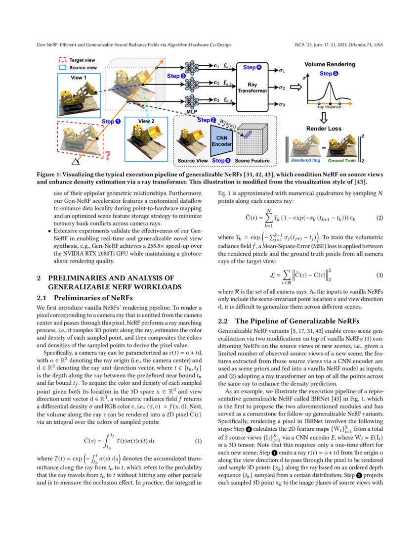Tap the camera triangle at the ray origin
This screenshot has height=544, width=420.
click(x=76, y=161)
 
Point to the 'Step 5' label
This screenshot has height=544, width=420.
click(x=329, y=74)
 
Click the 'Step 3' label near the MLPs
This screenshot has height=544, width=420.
click(x=176, y=76)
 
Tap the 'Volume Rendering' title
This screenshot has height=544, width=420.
click(x=329, y=65)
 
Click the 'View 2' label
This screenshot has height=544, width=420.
click(x=146, y=121)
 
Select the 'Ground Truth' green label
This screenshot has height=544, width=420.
click(x=341, y=161)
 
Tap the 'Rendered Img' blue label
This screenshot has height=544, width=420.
click(x=304, y=161)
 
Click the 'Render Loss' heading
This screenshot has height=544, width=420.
click(x=324, y=128)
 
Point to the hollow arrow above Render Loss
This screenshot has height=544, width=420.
click(x=324, y=117)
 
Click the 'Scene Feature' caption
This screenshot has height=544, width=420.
click(x=252, y=161)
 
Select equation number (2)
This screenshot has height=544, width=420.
click(x=380, y=218)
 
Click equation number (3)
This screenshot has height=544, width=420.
click(x=380, y=274)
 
